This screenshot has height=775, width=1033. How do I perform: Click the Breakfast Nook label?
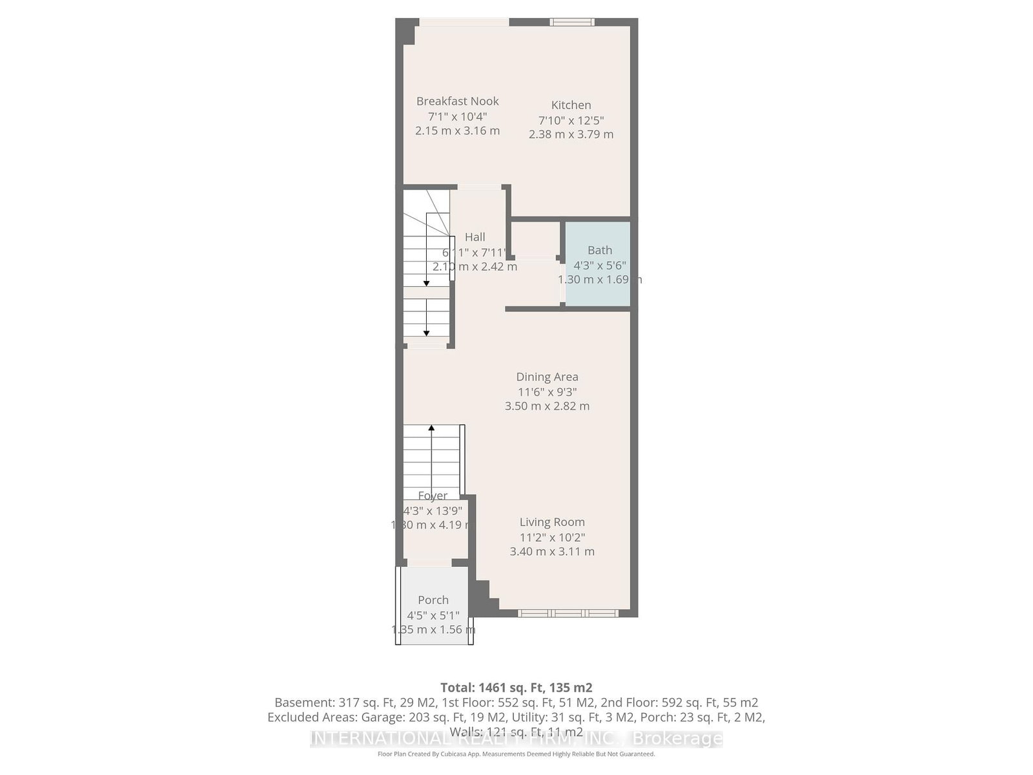(x=457, y=101)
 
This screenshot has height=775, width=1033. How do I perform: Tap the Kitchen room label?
(x=571, y=105)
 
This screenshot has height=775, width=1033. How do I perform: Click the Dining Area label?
(x=547, y=377)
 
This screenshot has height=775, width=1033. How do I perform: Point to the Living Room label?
(x=552, y=522)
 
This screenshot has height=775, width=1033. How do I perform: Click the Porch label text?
(x=433, y=600)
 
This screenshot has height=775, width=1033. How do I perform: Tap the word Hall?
(x=475, y=238)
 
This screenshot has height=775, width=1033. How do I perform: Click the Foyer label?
(x=433, y=496)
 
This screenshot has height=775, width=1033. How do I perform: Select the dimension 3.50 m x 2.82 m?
(x=547, y=406)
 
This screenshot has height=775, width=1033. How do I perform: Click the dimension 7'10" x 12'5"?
(x=571, y=120)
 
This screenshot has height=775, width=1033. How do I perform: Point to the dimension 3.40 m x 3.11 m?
(x=552, y=552)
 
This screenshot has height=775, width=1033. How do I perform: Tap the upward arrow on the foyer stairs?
(x=431, y=429)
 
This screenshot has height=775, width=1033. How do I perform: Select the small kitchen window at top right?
(x=572, y=23)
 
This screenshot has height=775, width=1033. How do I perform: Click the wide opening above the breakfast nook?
(x=464, y=23)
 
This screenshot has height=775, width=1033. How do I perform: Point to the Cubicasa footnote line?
(x=516, y=754)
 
